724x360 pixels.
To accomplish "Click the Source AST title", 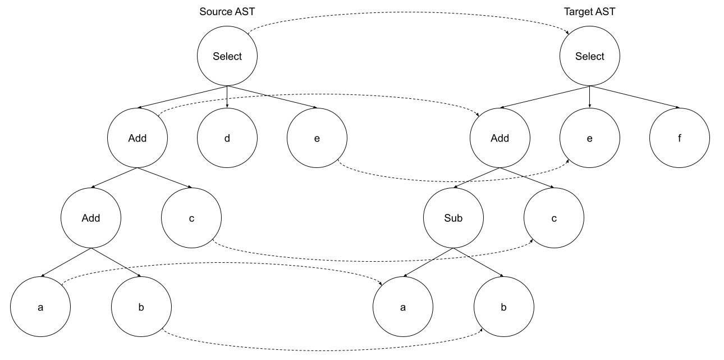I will [x=226, y=12].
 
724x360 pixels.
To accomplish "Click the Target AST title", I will [x=589, y=12].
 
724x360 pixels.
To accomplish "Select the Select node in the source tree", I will [x=227, y=56].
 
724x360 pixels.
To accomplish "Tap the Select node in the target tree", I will [x=590, y=56].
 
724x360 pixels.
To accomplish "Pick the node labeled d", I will [x=227, y=138].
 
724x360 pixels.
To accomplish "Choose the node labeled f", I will [x=680, y=138].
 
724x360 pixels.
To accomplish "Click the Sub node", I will [x=453, y=218].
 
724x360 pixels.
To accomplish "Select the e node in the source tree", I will [x=317, y=138].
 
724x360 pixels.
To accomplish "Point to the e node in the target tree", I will [x=590, y=138].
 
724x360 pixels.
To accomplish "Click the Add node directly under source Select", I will [x=137, y=138].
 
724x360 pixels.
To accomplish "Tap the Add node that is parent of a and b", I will [x=91, y=218].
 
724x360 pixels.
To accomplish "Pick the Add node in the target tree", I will [x=498, y=138].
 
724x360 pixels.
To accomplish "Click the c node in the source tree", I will [x=192, y=218].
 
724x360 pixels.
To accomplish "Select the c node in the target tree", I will [x=554, y=218].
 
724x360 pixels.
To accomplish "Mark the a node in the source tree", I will [x=40, y=307].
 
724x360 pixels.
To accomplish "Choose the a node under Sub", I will [x=403, y=307].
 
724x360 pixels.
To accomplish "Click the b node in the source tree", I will [x=141, y=307].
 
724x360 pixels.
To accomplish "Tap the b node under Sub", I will [x=503, y=307].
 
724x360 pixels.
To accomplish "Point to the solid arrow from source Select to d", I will [x=227, y=97].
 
